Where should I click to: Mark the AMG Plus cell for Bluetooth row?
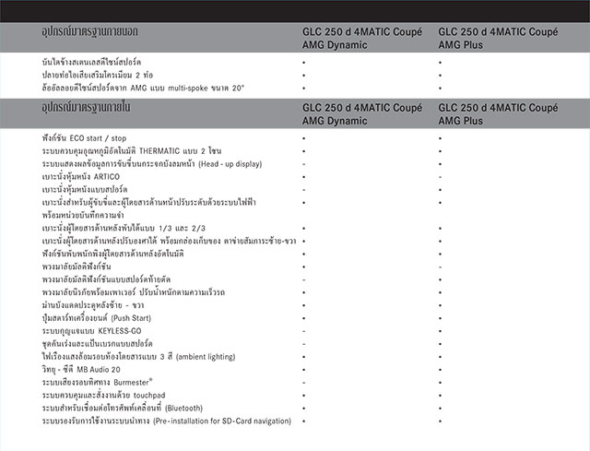(x=440, y=407)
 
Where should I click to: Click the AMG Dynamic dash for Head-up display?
(x=303, y=163)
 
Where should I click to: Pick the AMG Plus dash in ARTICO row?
(x=440, y=176)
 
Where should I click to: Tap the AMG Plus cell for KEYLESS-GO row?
(x=440, y=329)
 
